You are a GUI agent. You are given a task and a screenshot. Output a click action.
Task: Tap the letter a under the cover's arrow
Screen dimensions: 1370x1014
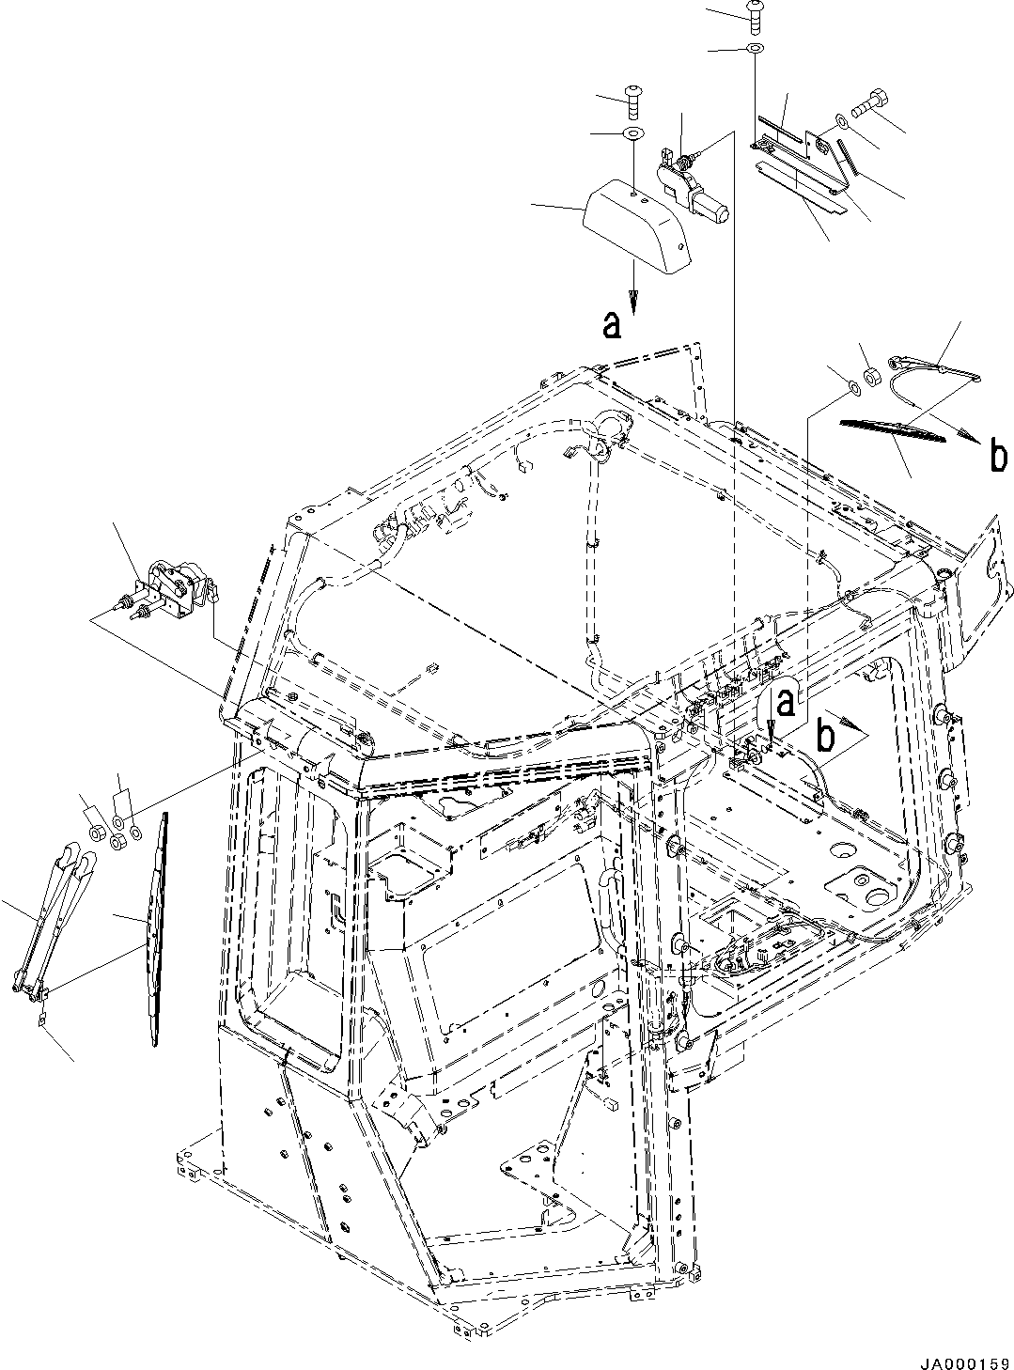pos(612,325)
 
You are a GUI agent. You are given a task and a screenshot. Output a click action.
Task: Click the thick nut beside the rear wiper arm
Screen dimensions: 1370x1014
pos(871,379)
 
